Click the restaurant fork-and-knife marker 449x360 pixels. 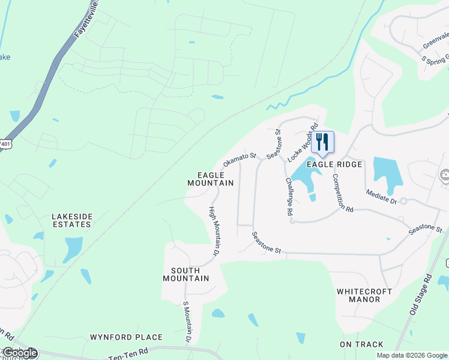[x=322, y=142]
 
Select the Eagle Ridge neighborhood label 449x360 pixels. [x=334, y=164]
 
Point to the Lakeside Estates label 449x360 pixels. [x=71, y=220]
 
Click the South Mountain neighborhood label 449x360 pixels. [x=186, y=274]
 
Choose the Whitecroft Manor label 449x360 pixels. [x=364, y=295]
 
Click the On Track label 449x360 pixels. [x=361, y=344]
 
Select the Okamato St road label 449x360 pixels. [x=240, y=159]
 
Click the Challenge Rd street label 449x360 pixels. [x=289, y=196]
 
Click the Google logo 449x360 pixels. [x=20, y=353]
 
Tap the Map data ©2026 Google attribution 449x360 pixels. [x=412, y=355]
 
